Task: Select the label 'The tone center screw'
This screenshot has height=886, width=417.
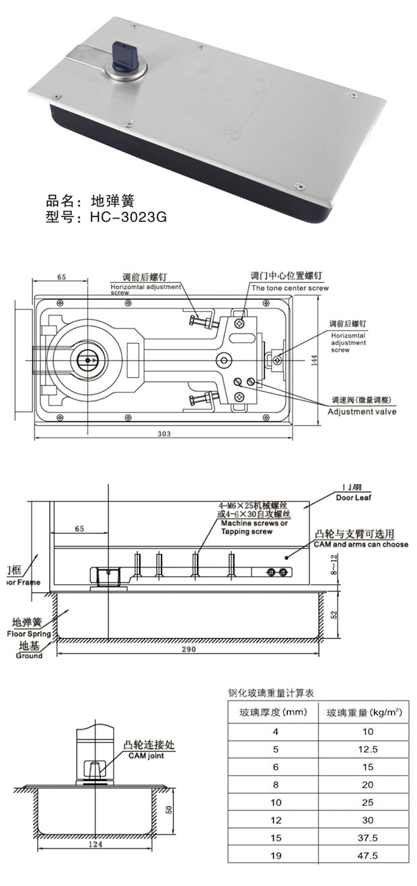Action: click(290, 287)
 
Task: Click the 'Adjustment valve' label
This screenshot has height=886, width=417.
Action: click(362, 411)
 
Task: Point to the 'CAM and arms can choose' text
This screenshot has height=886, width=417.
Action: click(361, 544)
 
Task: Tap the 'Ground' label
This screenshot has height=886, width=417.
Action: click(28, 655)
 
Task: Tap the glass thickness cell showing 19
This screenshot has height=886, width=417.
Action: click(274, 856)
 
